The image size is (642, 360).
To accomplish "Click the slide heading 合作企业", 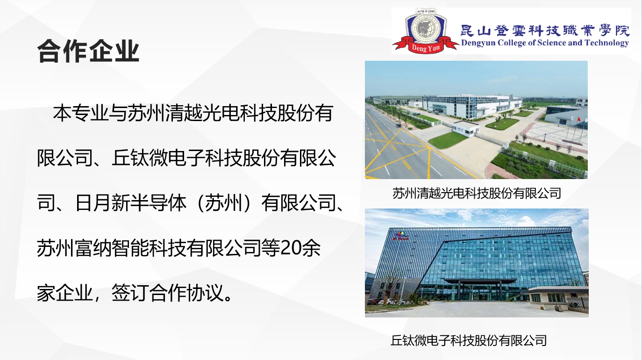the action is (x=88, y=51).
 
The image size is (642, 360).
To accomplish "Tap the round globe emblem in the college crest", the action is (x=426, y=28).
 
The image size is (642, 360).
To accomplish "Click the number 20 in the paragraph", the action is (x=290, y=248).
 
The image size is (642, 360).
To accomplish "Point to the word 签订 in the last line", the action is (x=130, y=293).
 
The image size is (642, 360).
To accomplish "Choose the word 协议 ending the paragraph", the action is (x=205, y=293).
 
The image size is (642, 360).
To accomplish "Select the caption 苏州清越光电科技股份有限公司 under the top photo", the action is (x=477, y=193).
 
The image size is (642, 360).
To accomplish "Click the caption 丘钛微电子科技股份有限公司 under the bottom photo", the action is (x=469, y=340).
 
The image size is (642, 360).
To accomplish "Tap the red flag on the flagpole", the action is (x=578, y=118).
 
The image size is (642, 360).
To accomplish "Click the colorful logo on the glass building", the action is (x=400, y=236).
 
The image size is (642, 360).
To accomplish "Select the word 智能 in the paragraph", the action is (x=130, y=248).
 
